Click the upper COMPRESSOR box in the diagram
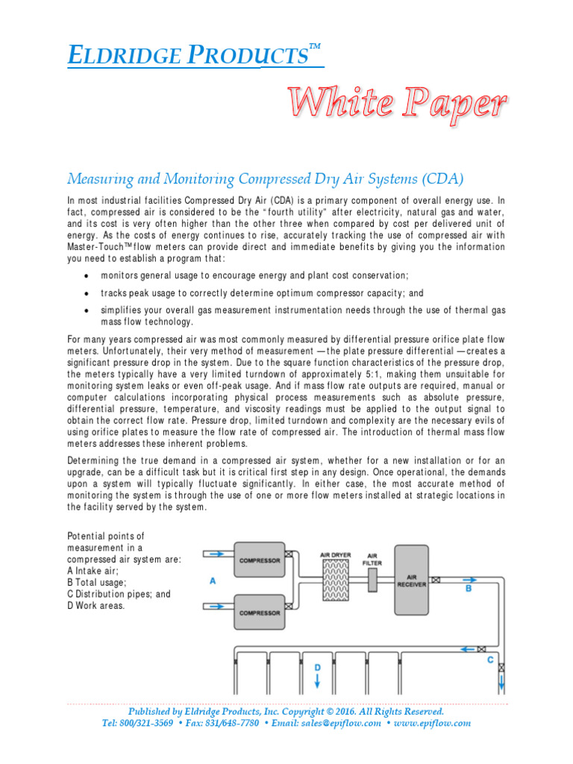click(x=259, y=560)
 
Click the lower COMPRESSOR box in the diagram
click(x=259, y=612)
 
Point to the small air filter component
click(x=372, y=581)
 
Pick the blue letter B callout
click(x=469, y=589)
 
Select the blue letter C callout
click(x=489, y=660)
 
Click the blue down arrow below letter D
click(x=316, y=681)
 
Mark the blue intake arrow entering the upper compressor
click(x=217, y=554)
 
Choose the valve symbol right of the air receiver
click(x=435, y=579)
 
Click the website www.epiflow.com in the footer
click(x=432, y=723)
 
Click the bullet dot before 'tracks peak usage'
click(x=87, y=294)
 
